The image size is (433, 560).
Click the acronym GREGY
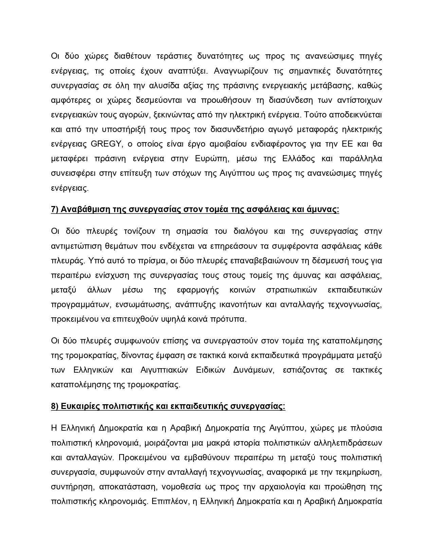[106, 144]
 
